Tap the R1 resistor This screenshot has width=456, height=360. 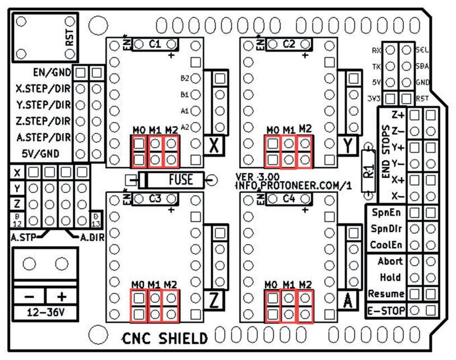point(368,172)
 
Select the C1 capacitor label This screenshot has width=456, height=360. point(155,44)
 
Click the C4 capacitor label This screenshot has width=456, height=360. point(289,199)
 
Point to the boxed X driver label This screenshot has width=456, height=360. point(213,146)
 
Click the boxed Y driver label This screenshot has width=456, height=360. point(348,146)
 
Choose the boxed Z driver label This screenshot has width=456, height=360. point(213,301)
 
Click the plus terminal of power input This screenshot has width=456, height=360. point(62,296)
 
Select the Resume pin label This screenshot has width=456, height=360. point(385,293)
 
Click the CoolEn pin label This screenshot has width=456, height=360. point(386,245)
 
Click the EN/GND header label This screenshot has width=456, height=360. point(52,72)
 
